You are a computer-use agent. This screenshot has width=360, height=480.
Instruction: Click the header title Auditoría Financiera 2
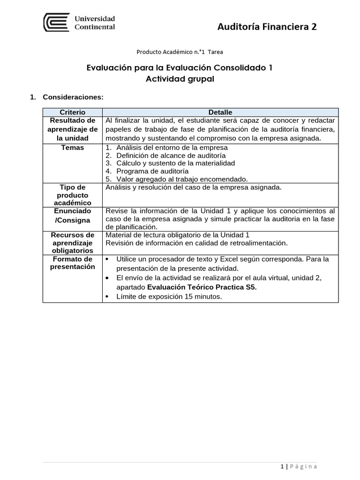[x=267, y=27]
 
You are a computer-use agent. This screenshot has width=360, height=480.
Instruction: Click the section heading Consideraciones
[x=72, y=97]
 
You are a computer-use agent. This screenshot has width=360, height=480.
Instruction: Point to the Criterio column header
[x=72, y=112]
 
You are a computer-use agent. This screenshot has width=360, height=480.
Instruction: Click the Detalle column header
[x=220, y=112]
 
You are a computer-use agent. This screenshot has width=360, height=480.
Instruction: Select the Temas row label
[x=72, y=148]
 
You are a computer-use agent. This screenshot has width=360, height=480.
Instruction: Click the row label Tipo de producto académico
[x=72, y=195]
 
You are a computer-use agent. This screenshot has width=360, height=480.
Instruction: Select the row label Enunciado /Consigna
[x=72, y=215]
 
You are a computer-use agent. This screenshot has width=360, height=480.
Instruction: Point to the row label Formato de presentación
[x=72, y=263]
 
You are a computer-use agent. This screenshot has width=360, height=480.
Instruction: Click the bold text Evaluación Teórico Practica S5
[x=202, y=287]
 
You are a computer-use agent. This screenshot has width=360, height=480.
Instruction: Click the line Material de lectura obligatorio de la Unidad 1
[x=178, y=235]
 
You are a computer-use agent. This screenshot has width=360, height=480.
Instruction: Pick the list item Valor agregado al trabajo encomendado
[x=181, y=179]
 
